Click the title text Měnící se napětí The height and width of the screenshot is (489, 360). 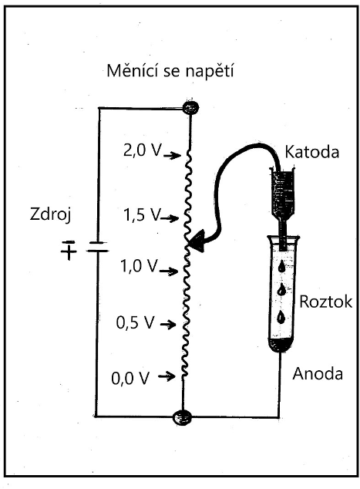pos(170,71)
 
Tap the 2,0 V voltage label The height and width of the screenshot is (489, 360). pos(143,150)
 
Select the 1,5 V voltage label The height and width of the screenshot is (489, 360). pos(142,214)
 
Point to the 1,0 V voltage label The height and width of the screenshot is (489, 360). pos(140,266)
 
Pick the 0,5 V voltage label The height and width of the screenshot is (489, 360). pos(135,322)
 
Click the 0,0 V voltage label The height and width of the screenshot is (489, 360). pos(130,378)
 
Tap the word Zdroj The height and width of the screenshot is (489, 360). pos(51,215)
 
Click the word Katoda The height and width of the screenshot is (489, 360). pos(312,152)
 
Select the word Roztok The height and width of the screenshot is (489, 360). pos(326,302)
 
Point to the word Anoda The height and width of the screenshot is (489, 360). pos(318,373)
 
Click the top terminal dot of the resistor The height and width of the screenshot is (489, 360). pos(190,108)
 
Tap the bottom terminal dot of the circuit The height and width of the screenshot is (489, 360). pos(183,416)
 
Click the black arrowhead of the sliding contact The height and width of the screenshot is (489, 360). pos(197,241)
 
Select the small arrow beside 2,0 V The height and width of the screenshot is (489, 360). pos(172,155)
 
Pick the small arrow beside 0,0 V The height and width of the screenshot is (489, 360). pos(167,376)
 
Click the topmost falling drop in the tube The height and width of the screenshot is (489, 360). pos(282,266)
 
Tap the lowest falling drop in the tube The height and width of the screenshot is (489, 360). pos(281,316)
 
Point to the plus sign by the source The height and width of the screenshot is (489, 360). pos(69,251)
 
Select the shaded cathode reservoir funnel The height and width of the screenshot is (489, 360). pos(283,194)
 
